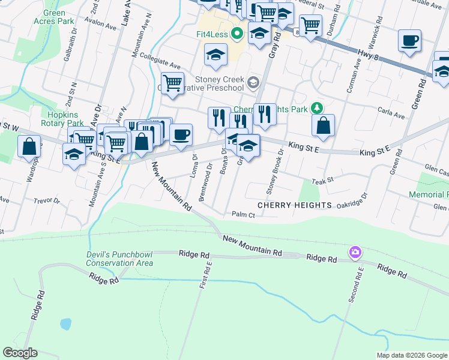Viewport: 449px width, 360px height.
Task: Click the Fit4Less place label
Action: point(212,34)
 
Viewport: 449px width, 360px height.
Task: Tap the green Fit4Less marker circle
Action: point(237,34)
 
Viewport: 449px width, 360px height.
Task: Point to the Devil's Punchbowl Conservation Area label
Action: point(119,259)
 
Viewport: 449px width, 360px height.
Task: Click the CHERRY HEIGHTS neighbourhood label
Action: point(294,205)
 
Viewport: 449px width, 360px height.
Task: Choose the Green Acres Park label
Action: point(59,17)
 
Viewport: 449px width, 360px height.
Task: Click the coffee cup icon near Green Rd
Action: point(409,41)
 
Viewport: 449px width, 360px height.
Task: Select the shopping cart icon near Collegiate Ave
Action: point(172,82)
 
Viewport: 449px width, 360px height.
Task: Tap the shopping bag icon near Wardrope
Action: point(29,146)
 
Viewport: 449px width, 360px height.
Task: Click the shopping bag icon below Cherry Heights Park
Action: point(323,125)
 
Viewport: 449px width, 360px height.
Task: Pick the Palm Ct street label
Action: point(243,214)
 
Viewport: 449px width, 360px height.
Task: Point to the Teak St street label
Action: point(322,180)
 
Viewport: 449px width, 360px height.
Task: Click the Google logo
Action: point(20,353)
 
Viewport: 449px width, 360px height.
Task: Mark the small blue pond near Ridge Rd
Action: point(65,325)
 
